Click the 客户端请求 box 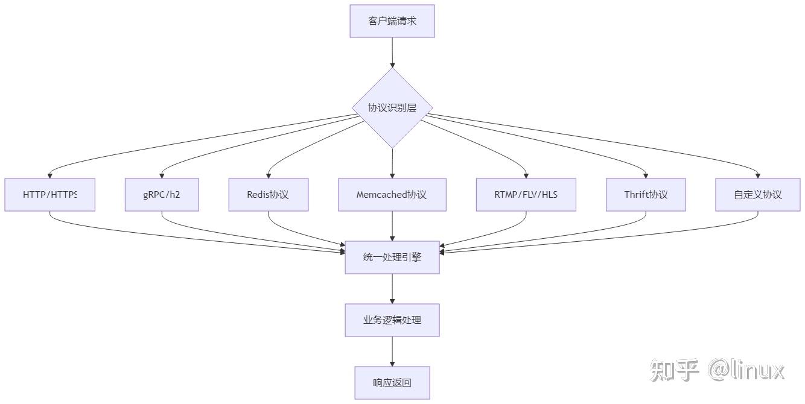tap(392, 21)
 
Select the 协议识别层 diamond tap(392, 108)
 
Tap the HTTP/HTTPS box tap(49, 195)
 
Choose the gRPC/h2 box tap(162, 195)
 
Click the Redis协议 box tap(268, 195)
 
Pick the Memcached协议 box tap(392, 195)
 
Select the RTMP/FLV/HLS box tap(526, 195)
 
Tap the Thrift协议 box tap(646, 195)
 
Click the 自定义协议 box tap(758, 195)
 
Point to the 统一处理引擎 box tap(392, 257)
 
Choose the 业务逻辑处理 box tap(392, 320)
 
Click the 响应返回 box tap(392, 383)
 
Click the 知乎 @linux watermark tap(717, 370)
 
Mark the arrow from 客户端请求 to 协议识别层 tap(392, 52)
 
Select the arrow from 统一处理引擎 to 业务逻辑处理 tap(392, 288)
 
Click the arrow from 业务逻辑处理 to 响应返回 tap(392, 351)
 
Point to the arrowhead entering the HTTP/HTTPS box tap(49, 175)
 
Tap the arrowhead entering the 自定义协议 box tap(758, 175)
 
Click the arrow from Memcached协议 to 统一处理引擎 tap(392, 226)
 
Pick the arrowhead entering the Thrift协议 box tap(646, 175)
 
